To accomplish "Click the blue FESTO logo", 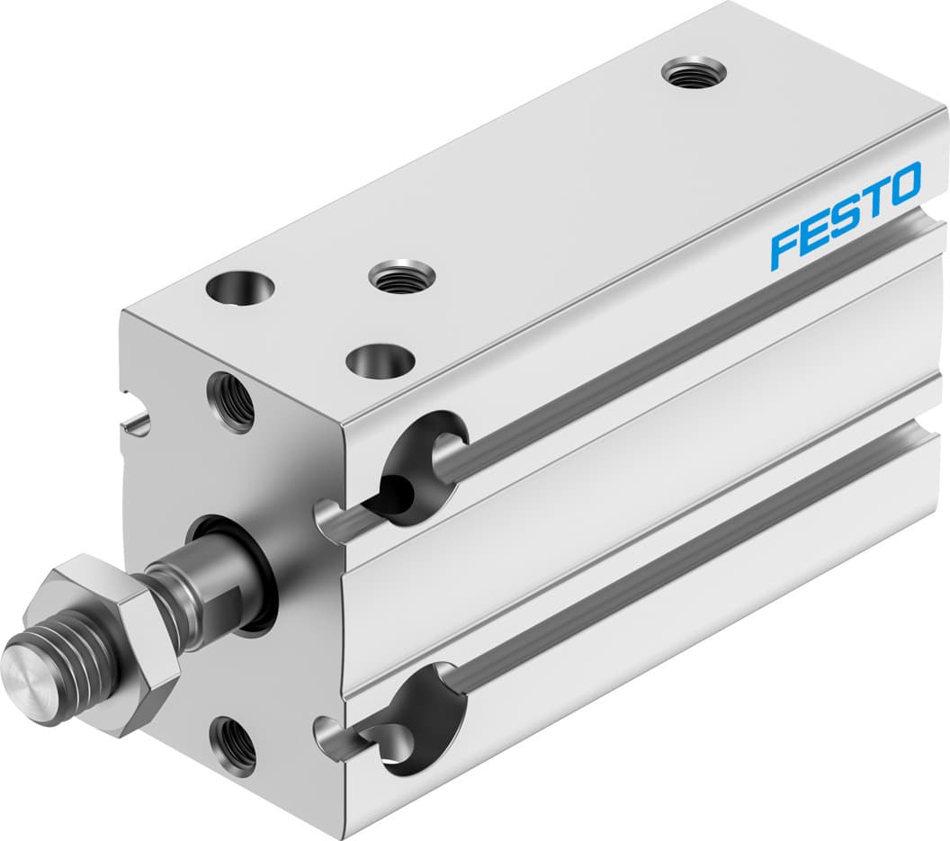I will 846,217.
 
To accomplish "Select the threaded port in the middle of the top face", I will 402,275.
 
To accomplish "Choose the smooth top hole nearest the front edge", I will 380,362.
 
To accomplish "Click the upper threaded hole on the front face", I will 230,401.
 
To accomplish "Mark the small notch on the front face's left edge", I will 136,416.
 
